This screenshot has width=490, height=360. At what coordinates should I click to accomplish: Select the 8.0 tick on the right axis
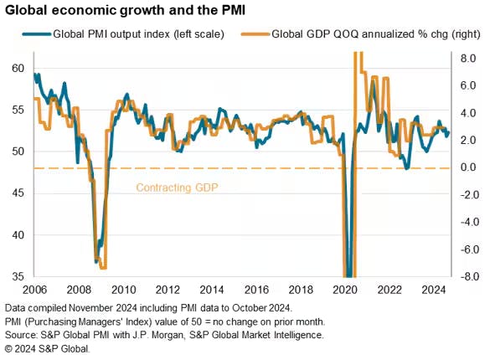469,59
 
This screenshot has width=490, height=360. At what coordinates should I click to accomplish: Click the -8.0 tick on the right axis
467,276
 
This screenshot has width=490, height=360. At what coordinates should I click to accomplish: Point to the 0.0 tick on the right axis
469,167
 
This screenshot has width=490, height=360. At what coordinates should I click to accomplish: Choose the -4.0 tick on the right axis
467,222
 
